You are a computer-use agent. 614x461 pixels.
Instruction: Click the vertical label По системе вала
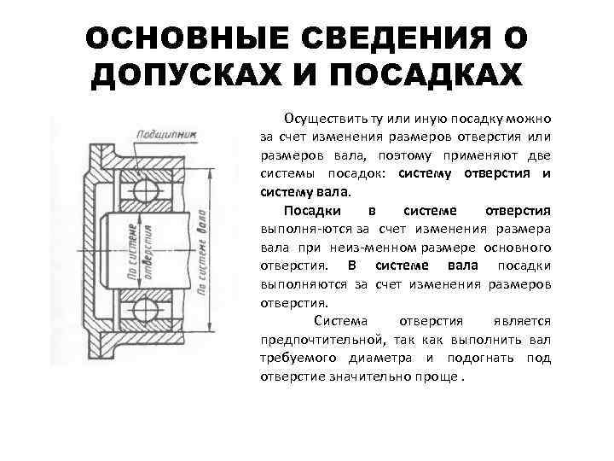click(201, 248)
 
